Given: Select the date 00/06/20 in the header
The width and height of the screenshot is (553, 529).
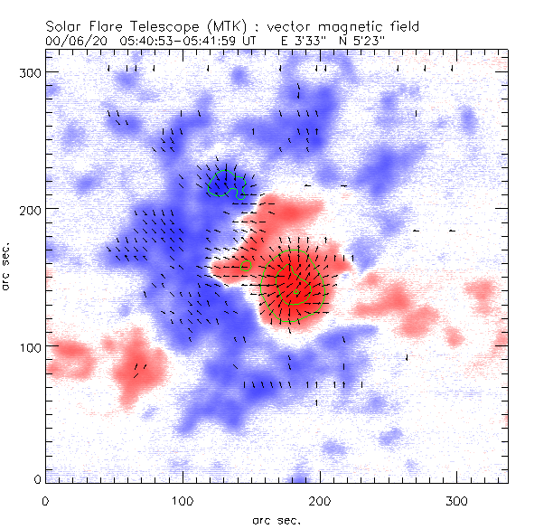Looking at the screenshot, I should tap(74, 41).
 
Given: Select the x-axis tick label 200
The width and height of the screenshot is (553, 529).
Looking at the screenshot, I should tap(319, 499).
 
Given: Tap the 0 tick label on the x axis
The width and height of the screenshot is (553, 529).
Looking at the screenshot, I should tap(45, 499).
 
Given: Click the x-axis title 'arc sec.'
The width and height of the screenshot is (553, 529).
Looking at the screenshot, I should tap(276, 519).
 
